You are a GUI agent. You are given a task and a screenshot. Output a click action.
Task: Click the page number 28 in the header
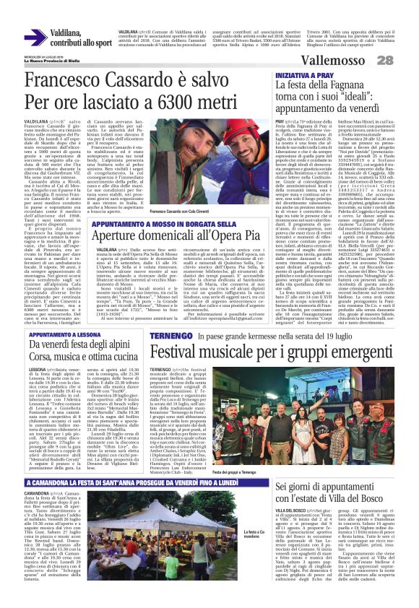pyautogui.click(x=405, y=59)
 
